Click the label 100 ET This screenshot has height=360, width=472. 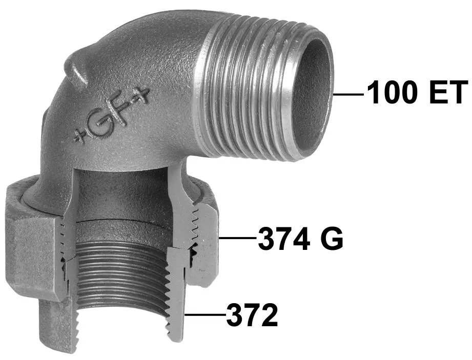(418, 92)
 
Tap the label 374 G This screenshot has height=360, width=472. (300, 239)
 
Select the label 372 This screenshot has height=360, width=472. (252, 314)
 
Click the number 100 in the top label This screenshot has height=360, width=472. (392, 92)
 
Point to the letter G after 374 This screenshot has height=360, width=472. (332, 239)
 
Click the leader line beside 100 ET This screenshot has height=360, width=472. (348, 94)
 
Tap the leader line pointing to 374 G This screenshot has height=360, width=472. (238, 238)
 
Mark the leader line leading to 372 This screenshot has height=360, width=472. (206, 314)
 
